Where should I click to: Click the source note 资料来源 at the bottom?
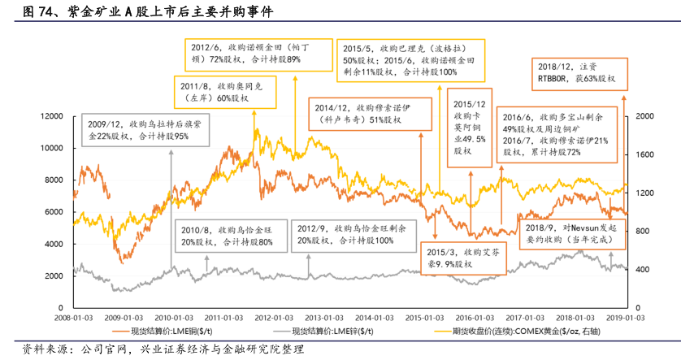[x=163, y=350]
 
